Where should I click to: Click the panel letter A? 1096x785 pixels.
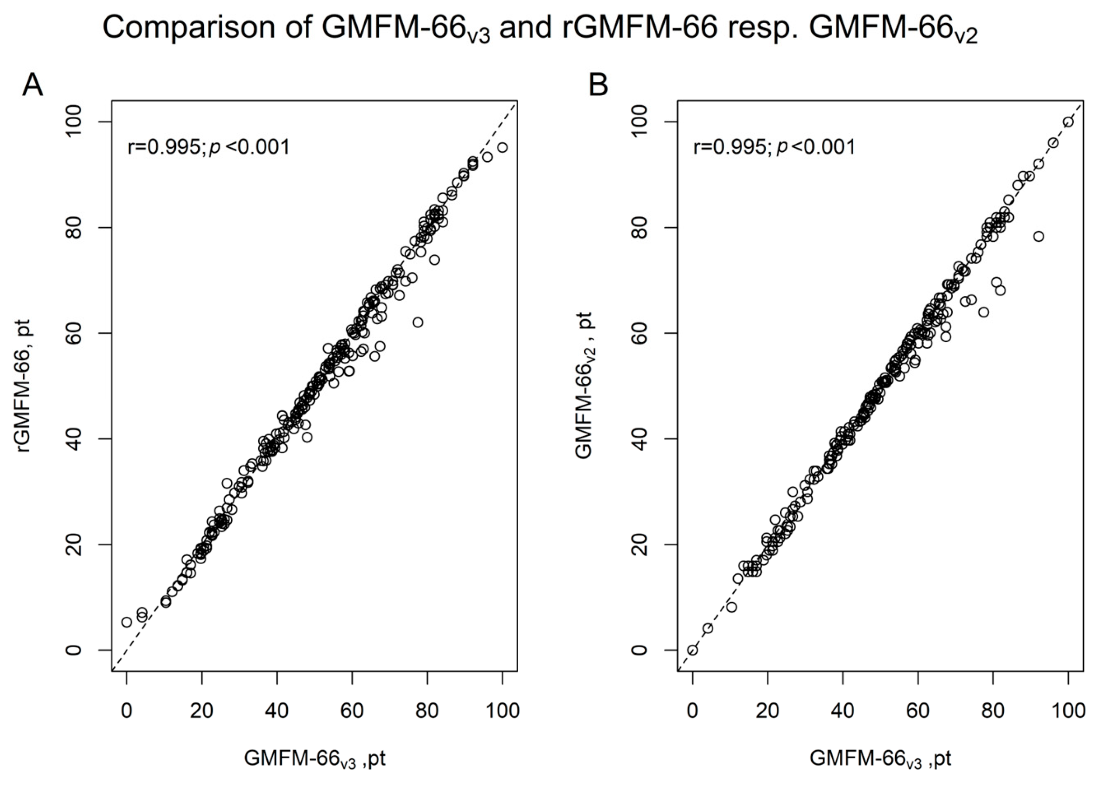pos(33,86)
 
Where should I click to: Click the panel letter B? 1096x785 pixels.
pos(598,86)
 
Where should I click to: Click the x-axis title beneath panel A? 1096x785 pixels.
pos(314,758)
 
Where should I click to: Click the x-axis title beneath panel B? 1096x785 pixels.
pos(880,758)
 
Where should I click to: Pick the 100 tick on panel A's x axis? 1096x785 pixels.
pos(502,711)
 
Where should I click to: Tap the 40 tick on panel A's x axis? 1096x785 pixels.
pos(277,711)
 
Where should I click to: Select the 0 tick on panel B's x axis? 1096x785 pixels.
pos(692,711)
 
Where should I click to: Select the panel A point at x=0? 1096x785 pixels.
pos(126,622)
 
